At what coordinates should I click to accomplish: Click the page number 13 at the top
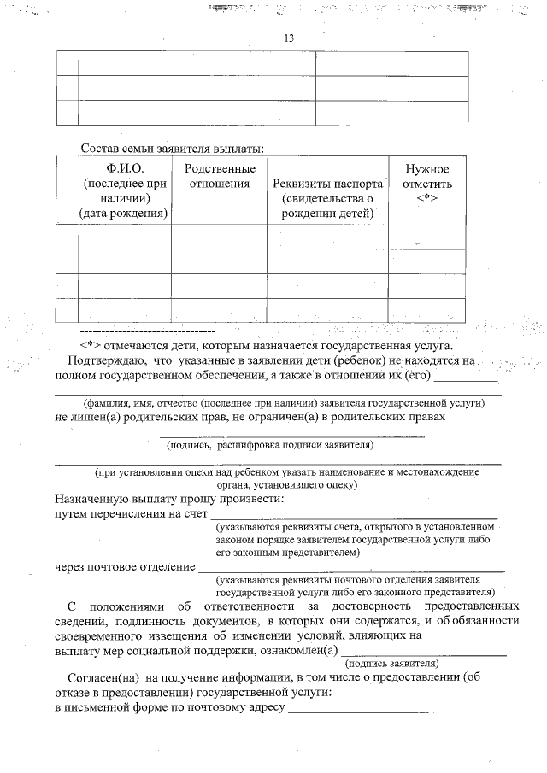288,38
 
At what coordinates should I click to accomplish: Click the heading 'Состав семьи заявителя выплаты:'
172,149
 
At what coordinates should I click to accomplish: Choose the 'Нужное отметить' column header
427,177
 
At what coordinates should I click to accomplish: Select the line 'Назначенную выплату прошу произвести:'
169,498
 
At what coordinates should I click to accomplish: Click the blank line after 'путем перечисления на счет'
353,517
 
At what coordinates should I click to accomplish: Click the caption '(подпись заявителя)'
391,663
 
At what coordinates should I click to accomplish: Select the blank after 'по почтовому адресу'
358,711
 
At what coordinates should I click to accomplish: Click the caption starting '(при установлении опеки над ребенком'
287,471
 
